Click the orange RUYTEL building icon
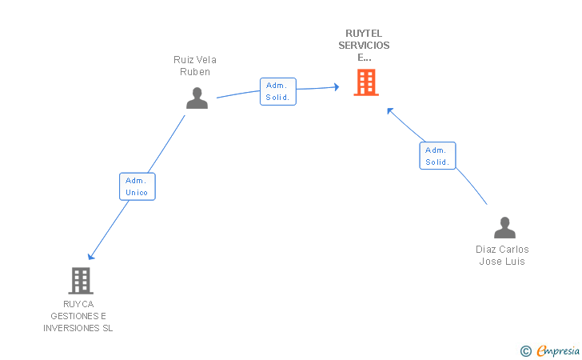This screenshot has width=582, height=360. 365,82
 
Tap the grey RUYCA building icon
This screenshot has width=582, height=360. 81,281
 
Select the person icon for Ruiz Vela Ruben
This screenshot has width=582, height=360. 197,98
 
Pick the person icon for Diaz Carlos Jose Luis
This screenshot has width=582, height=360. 504,228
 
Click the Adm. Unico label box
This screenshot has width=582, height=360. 137,186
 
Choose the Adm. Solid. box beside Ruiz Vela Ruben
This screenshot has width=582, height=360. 278,91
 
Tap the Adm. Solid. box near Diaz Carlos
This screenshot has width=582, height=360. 437,156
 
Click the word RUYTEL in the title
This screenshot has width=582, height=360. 364,33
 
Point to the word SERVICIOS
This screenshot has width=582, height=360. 364,45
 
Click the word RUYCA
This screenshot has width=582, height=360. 78,304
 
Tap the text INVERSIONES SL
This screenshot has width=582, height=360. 78,328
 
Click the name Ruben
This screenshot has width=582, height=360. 195,72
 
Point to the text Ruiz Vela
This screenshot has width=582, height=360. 195,60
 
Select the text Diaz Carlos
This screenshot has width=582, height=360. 502,250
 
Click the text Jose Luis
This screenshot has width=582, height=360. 502,262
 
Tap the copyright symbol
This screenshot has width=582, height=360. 525,350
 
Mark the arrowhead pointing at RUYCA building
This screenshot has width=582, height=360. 91,256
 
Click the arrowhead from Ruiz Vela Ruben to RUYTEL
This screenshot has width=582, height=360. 336,86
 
